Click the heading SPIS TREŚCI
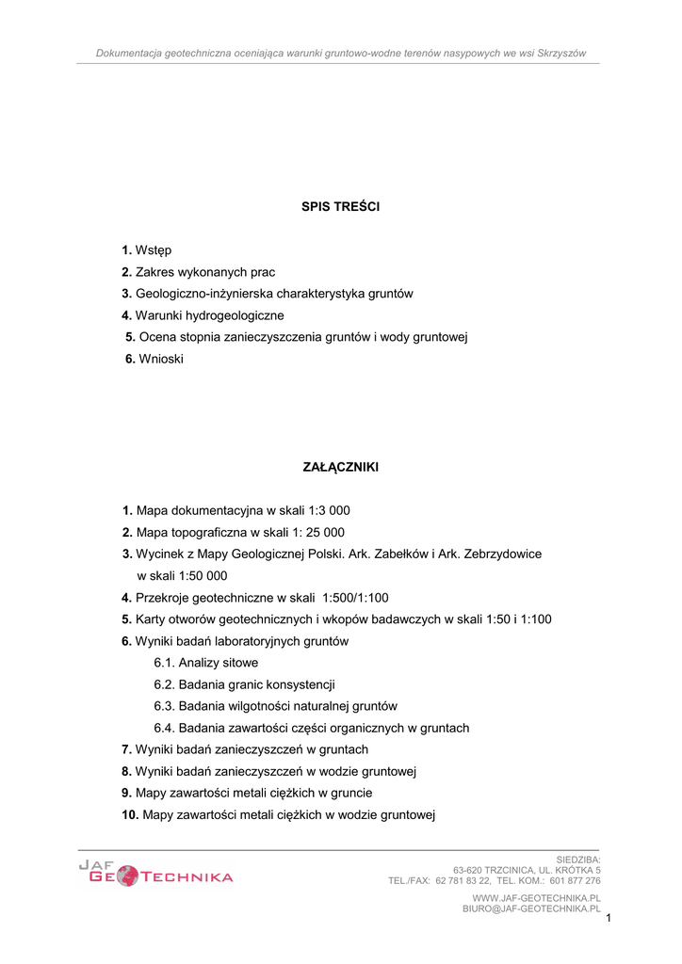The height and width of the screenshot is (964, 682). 340,206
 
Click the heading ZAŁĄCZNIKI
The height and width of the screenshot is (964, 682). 340,467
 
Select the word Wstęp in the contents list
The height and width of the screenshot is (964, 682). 154,250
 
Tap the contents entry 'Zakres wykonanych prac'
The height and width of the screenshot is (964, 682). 205,272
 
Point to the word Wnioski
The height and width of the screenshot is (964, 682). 161,359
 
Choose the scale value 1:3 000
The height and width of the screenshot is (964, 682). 323,511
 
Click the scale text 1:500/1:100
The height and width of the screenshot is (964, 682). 355,598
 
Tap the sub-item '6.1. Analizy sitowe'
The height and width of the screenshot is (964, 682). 205,663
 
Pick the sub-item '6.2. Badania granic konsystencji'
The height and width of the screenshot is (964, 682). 244,684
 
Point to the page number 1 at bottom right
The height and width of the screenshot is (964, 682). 609,918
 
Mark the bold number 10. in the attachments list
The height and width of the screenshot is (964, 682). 130,814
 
